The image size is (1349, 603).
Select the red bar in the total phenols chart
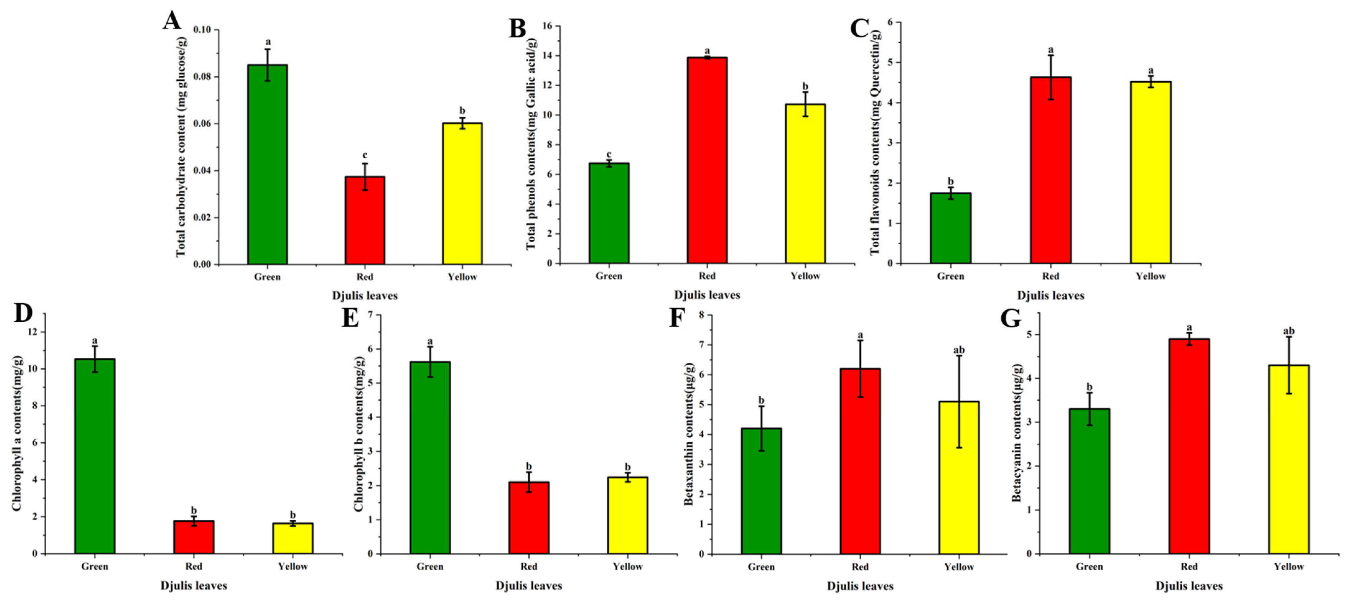[x=707, y=160]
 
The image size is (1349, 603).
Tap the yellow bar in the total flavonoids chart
[x=1151, y=172]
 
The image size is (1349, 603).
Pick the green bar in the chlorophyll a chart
[x=95, y=456]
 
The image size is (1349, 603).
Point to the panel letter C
[x=859, y=29]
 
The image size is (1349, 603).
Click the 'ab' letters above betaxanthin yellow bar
[x=959, y=350]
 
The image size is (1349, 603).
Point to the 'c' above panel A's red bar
[x=365, y=155]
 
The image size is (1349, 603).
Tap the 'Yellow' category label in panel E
[x=627, y=566]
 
